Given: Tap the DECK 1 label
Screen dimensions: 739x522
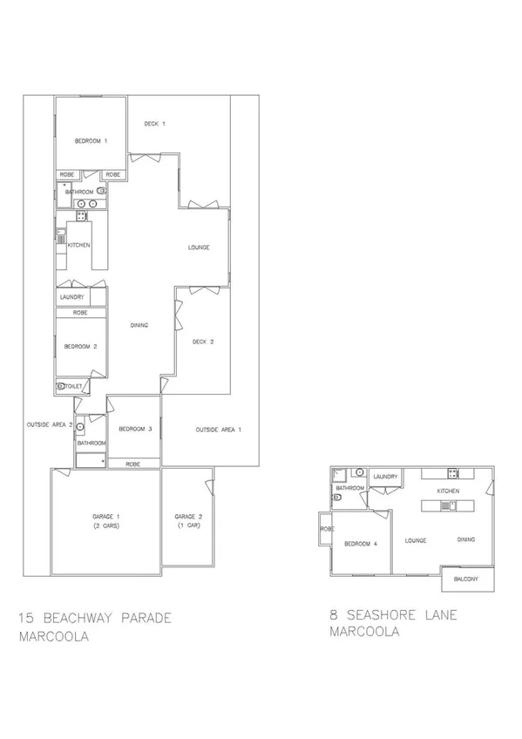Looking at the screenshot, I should (x=155, y=124).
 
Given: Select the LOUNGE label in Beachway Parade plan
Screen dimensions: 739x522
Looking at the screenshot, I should (x=199, y=247).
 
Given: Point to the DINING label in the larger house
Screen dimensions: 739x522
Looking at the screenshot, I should (x=139, y=326).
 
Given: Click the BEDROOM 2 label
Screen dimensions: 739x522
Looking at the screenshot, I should (x=81, y=347).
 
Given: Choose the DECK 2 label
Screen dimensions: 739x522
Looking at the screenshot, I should (x=203, y=342).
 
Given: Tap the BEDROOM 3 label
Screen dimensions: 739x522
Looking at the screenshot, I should (x=136, y=429).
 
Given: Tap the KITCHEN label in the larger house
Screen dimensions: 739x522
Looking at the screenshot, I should (x=79, y=246).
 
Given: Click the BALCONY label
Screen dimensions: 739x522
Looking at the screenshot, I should (x=468, y=578).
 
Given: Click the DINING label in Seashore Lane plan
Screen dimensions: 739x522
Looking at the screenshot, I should (x=466, y=540).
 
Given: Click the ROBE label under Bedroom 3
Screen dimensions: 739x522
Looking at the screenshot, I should (x=133, y=464).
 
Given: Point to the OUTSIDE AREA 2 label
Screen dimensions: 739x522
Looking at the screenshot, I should (x=37, y=425).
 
